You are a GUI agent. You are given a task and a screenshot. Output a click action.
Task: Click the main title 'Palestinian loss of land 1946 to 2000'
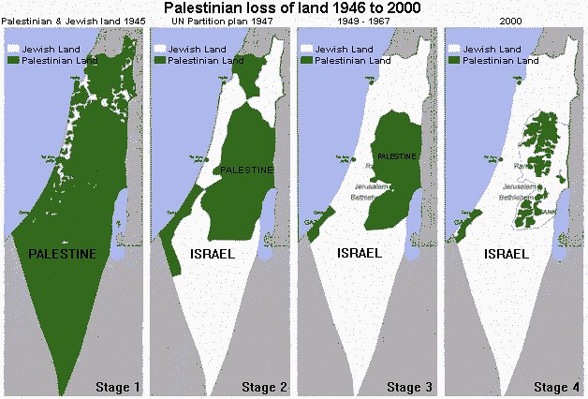point(293,7)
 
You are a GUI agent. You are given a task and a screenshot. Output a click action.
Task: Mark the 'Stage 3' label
point(409,386)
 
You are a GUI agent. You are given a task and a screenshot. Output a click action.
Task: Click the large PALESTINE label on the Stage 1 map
point(62,254)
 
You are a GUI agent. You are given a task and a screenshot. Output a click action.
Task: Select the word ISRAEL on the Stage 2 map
point(211,254)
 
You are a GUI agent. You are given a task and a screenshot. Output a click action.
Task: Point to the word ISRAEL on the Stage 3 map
point(358,253)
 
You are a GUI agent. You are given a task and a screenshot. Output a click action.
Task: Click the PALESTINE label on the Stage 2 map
point(247,170)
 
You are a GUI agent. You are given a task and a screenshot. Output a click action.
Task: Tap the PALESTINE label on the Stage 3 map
point(394,155)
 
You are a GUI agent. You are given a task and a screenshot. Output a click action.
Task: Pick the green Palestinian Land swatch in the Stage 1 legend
point(13,57)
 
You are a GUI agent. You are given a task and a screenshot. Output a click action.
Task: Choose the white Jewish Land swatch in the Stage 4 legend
point(454,46)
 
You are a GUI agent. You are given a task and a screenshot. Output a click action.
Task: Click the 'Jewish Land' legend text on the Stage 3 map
point(343,46)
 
